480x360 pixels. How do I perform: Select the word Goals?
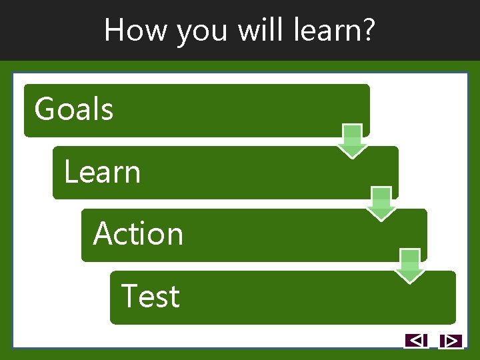74,109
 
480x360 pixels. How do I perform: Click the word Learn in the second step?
102,172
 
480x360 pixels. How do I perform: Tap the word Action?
138,234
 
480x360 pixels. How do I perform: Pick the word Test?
151,297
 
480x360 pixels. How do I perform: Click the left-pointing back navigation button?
416,341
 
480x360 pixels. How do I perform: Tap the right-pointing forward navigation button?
451,341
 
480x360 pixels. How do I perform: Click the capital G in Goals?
44,109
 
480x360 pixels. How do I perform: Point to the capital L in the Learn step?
69,172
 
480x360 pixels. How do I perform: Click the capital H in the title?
114,30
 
